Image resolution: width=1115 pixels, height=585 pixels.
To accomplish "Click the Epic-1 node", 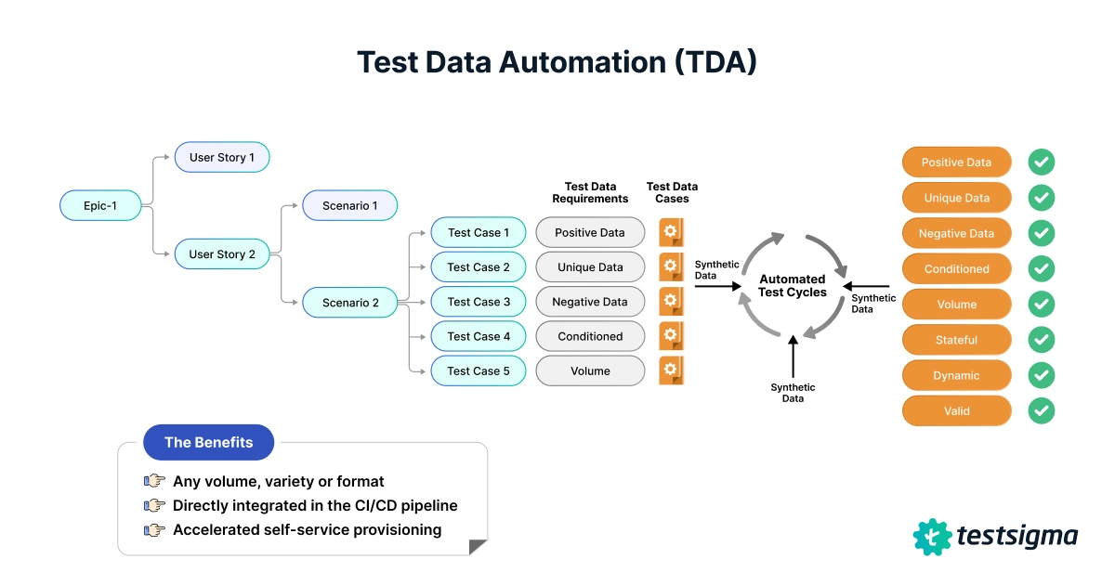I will [x=101, y=205].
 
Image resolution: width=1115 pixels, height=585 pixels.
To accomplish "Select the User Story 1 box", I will [x=222, y=157].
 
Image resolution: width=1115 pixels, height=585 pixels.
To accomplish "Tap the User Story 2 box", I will [x=222, y=253].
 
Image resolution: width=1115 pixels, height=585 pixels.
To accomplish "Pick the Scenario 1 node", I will [x=349, y=205].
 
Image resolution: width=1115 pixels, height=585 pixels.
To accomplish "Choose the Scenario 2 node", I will [x=349, y=302].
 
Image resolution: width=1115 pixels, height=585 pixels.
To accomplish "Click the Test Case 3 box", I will [x=479, y=302].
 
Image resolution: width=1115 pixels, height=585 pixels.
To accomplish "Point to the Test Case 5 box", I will [x=479, y=370].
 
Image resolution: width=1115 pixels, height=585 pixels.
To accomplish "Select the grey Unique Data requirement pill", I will [x=590, y=267].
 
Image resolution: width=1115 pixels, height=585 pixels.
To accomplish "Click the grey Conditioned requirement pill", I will [x=590, y=336].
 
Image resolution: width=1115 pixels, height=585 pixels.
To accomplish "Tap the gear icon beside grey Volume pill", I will [x=671, y=370].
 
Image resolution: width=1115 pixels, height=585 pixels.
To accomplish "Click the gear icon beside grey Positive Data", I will [x=671, y=232].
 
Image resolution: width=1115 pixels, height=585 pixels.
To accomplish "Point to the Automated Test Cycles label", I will [x=793, y=285].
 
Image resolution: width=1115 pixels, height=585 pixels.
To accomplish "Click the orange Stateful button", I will [x=956, y=340].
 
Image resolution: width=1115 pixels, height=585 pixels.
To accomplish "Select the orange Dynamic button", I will [x=956, y=375].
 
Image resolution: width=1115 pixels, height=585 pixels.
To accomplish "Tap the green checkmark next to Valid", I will [x=1042, y=410].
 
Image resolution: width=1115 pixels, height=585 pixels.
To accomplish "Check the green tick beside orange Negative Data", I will [x=1042, y=233].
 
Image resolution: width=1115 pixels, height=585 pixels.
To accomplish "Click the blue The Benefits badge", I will [x=208, y=442].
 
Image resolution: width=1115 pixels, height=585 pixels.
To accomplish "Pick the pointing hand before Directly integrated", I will [x=154, y=506].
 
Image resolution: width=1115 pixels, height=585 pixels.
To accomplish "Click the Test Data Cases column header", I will [x=672, y=192].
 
